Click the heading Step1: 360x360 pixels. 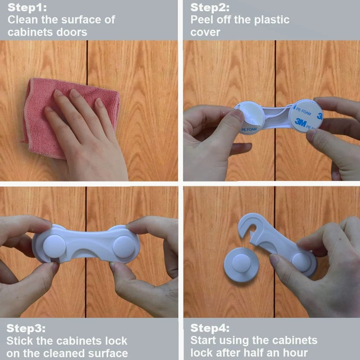tap(27, 7)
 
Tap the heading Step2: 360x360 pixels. tap(210, 7)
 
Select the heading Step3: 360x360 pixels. tap(26, 328)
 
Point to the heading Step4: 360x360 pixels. tap(210, 328)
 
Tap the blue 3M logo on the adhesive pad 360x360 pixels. tap(300, 122)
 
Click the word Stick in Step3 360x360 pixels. tap(20, 341)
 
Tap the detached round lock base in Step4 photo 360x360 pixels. tap(241, 265)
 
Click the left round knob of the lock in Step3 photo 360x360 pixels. tap(55, 246)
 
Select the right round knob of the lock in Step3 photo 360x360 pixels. tap(124, 247)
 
